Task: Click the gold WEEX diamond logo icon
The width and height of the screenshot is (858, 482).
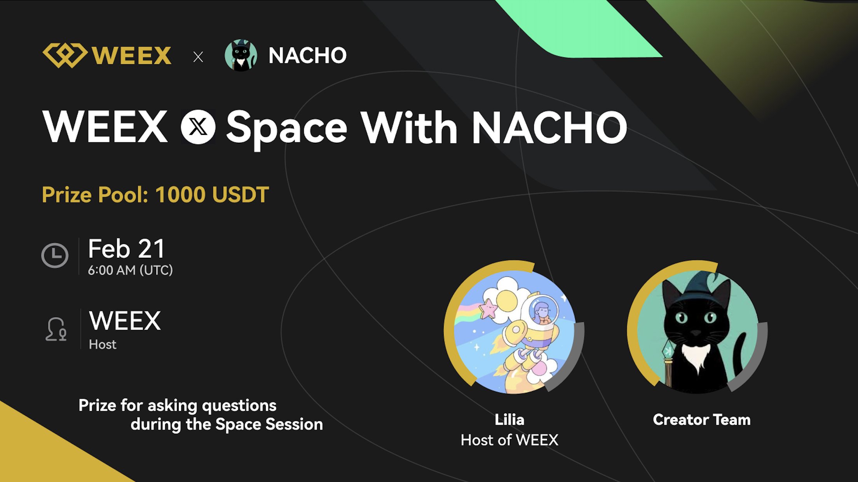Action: pyautogui.click(x=65, y=55)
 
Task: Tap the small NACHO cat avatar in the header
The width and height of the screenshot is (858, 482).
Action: pyautogui.click(x=241, y=55)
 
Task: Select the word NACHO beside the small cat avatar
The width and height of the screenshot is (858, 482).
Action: pyautogui.click(x=307, y=55)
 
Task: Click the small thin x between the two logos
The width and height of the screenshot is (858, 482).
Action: pyautogui.click(x=198, y=57)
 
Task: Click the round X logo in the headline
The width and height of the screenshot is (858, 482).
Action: pyautogui.click(x=198, y=127)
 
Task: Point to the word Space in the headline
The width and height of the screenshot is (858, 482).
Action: pyautogui.click(x=287, y=129)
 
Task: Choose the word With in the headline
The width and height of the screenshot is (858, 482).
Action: pyautogui.click(x=410, y=127)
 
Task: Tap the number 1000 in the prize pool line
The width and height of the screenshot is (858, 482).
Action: pyautogui.click(x=180, y=195)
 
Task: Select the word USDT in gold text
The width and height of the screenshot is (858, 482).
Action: pyautogui.click(x=241, y=195)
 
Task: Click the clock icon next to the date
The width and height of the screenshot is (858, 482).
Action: pyautogui.click(x=55, y=255)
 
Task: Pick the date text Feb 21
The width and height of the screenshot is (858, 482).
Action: pyautogui.click(x=127, y=249)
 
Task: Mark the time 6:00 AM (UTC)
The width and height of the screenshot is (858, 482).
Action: pyautogui.click(x=130, y=270)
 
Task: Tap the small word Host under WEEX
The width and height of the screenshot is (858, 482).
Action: pyautogui.click(x=103, y=344)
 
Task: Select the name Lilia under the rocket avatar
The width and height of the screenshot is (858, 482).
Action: pyautogui.click(x=509, y=420)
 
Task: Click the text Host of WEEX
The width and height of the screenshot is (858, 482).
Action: pyautogui.click(x=509, y=440)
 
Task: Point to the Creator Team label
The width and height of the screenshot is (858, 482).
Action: pyautogui.click(x=702, y=420)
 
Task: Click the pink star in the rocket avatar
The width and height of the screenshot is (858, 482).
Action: pyautogui.click(x=488, y=309)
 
